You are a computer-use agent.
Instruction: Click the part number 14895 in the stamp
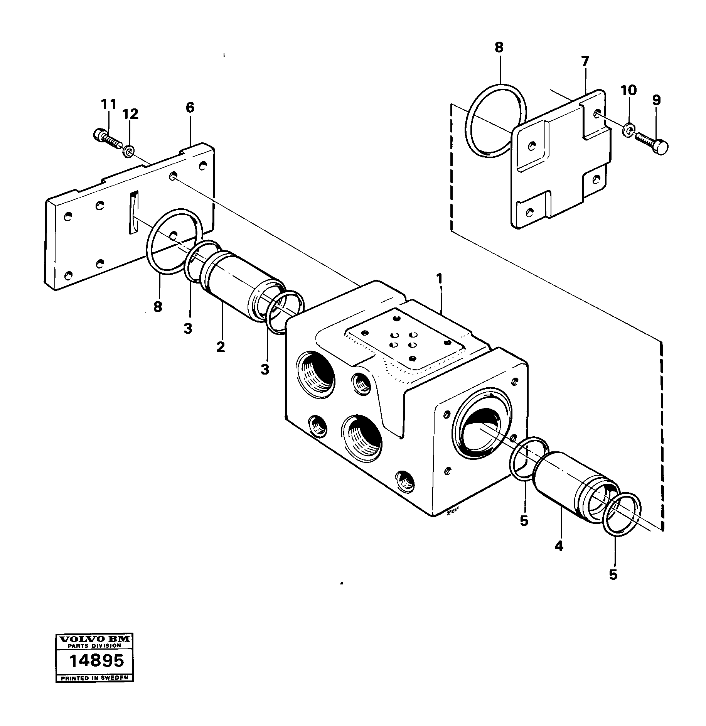96,661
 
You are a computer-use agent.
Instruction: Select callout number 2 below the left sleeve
220,347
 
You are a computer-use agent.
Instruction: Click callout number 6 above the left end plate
190,108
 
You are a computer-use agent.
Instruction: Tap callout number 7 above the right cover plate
585,61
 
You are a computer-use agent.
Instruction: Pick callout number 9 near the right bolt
656,100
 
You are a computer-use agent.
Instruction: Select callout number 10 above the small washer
628,90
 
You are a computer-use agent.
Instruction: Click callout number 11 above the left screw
108,104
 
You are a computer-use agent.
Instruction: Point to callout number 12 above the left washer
130,114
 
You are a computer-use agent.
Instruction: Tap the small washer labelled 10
628,130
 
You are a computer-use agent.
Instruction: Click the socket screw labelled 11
106,138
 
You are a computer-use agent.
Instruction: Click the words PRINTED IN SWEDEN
94,678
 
